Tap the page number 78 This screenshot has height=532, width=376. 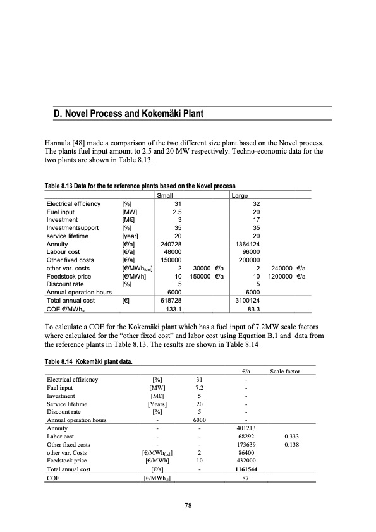tap(188, 505)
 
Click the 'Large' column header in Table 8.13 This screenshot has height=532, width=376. tap(240, 196)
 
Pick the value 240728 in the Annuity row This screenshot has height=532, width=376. tap(171, 243)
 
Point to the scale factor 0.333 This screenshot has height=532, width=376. tap(291, 437)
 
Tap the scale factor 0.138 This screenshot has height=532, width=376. tap(291, 445)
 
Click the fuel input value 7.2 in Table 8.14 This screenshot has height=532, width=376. tap(198, 387)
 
